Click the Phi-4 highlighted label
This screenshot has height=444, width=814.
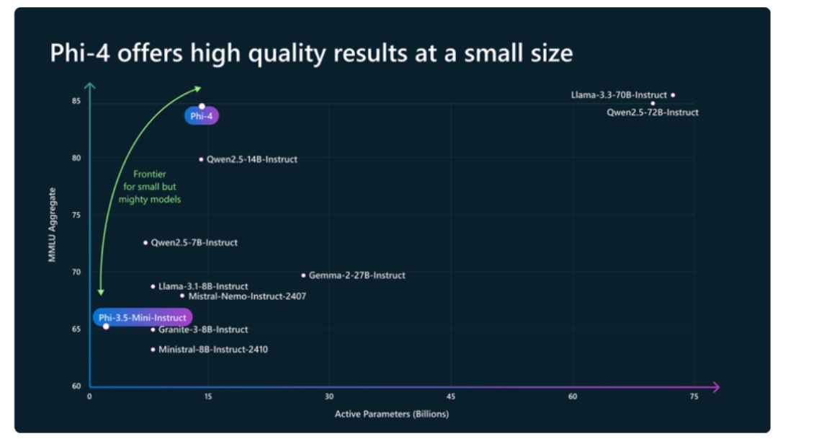click(201, 116)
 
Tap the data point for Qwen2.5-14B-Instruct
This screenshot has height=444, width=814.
click(201, 159)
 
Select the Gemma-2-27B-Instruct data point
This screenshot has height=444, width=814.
click(303, 275)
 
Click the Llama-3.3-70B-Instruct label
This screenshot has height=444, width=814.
click(618, 95)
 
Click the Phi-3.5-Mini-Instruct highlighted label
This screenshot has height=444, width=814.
click(142, 317)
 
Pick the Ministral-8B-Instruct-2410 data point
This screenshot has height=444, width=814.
click(153, 350)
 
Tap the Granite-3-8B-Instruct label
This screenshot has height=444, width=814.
click(203, 330)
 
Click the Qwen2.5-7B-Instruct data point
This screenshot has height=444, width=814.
click(145, 243)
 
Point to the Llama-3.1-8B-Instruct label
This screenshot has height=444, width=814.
click(203, 287)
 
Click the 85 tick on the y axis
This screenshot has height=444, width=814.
click(76, 102)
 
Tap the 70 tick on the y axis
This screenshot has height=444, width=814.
click(76, 272)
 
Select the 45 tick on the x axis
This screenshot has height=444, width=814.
click(451, 397)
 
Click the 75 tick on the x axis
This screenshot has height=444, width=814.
click(694, 397)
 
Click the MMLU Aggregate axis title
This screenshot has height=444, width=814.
click(53, 225)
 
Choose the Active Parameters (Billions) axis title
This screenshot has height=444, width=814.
click(392, 414)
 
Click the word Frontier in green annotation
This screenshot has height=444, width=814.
click(150, 174)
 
